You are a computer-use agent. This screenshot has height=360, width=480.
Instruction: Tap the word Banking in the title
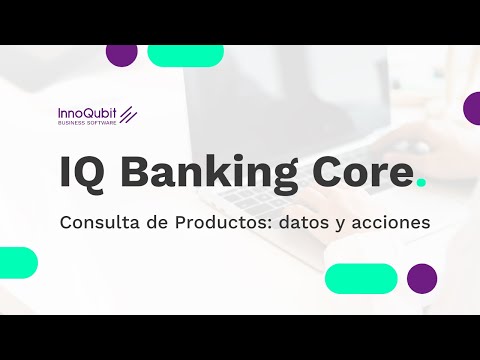[x=203, y=172]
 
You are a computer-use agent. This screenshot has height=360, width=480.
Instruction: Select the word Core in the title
[x=359, y=172]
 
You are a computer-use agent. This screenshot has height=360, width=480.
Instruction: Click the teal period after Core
[x=420, y=182]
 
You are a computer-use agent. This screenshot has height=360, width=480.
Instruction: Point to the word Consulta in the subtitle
[x=99, y=222]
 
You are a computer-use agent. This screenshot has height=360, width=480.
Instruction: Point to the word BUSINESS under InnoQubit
[x=74, y=125]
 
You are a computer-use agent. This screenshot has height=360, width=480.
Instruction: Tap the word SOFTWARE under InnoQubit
[x=103, y=125]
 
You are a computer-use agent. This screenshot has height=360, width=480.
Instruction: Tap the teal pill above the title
[x=185, y=54]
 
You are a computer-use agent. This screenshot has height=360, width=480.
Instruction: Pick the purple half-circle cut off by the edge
[x=472, y=108]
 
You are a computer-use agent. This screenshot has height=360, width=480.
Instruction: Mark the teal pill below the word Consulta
[x=17, y=262]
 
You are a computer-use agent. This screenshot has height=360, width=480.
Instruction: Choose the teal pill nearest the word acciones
[x=361, y=278]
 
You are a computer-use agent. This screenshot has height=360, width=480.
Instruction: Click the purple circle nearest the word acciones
[x=422, y=278]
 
